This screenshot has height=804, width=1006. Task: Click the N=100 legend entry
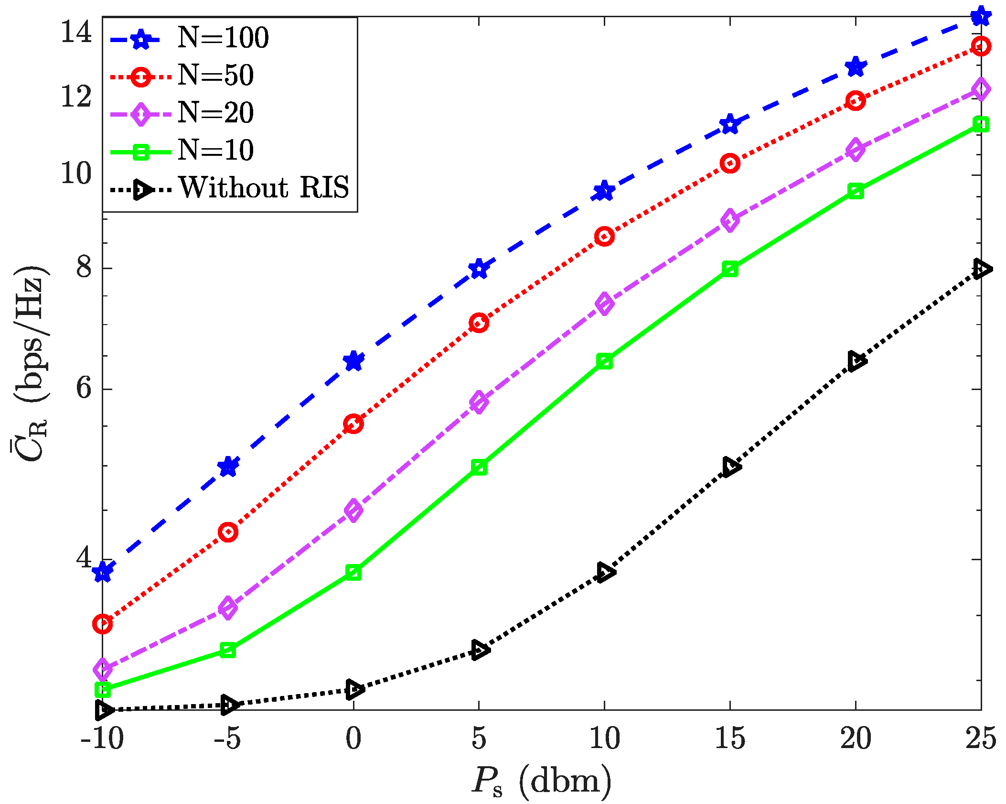(x=223, y=38)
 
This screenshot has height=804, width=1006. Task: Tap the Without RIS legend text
(x=264, y=187)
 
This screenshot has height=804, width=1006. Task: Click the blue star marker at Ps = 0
(x=353, y=361)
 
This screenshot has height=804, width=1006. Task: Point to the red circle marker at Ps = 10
(x=604, y=236)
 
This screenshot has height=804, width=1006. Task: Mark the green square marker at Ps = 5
(x=479, y=467)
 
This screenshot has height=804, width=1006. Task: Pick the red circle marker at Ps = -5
(x=228, y=532)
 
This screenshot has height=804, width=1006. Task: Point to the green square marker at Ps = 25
(x=981, y=125)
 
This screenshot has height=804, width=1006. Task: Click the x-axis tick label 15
(x=729, y=739)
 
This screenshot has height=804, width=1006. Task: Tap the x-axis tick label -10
(x=102, y=739)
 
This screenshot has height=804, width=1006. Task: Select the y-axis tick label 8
(x=84, y=268)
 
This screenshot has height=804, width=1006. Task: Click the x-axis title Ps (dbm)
(x=541, y=781)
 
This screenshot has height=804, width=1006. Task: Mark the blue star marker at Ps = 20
(x=856, y=67)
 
